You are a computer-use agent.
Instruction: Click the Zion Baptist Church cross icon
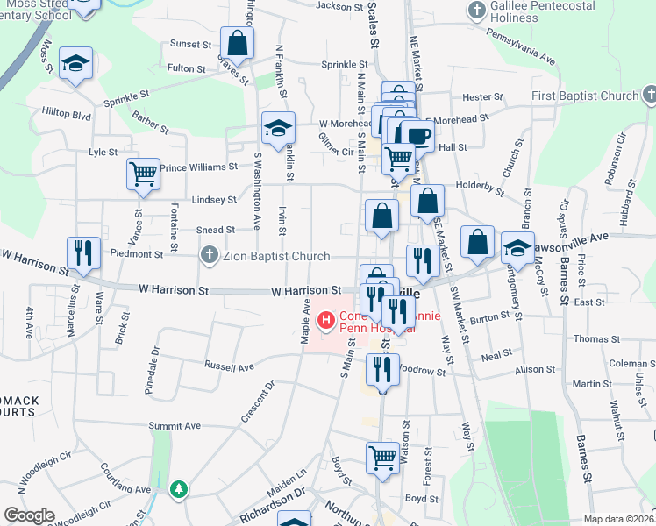click(208, 256)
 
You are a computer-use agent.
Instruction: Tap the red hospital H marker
click(326, 321)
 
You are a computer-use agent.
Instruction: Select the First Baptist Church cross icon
click(650, 95)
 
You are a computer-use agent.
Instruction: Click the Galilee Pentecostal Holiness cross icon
click(476, 11)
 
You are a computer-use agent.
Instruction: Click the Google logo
click(29, 515)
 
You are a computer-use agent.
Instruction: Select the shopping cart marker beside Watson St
click(382, 456)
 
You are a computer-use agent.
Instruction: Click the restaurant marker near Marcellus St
click(83, 252)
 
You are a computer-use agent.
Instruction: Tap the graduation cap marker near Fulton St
click(76, 63)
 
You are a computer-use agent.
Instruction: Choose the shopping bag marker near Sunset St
click(237, 41)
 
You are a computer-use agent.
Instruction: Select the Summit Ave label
click(175, 425)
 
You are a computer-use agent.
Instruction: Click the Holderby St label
click(481, 188)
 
